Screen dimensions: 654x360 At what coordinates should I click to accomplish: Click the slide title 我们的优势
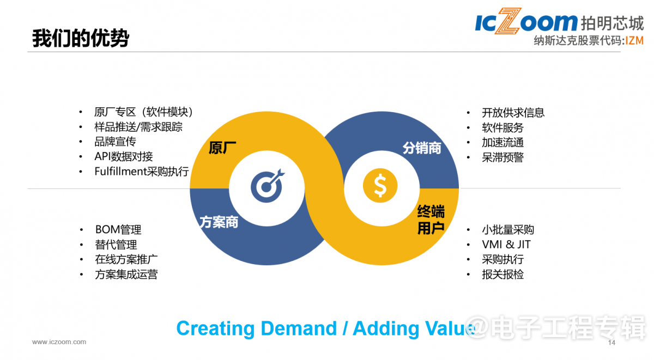[x=81, y=38]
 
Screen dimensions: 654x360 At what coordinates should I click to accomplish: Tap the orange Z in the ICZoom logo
[x=508, y=21]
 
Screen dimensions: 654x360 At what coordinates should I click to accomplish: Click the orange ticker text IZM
[x=634, y=40]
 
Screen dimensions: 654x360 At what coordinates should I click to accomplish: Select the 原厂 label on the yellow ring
[x=222, y=148]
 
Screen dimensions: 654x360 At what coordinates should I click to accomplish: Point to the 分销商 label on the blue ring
[x=422, y=148]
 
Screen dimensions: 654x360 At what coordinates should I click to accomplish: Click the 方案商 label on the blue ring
[x=219, y=222]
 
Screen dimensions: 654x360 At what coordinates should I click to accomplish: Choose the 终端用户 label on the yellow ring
[x=431, y=219]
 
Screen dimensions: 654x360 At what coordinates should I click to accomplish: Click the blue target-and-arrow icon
[x=268, y=186]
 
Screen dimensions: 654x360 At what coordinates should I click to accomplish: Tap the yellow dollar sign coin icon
[x=380, y=186]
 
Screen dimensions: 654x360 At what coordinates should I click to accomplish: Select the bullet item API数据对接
[x=124, y=157]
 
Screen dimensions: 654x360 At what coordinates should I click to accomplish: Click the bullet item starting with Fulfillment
[x=142, y=172]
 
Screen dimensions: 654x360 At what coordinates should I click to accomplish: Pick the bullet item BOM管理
[x=118, y=230]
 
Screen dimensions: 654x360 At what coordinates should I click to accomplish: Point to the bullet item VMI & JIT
[x=506, y=245]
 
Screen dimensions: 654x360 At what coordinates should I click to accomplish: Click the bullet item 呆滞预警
[x=502, y=157]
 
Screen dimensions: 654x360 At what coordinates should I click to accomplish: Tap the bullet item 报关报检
[x=502, y=274]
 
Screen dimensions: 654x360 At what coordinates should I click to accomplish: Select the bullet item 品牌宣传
[x=116, y=142]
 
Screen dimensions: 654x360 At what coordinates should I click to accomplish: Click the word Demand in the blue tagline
[x=299, y=328]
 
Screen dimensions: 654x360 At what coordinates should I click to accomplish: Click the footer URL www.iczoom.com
[x=59, y=342]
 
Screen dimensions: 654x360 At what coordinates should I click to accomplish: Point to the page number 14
[x=611, y=343]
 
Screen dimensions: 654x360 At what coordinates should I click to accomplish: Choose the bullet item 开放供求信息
[x=513, y=113]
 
